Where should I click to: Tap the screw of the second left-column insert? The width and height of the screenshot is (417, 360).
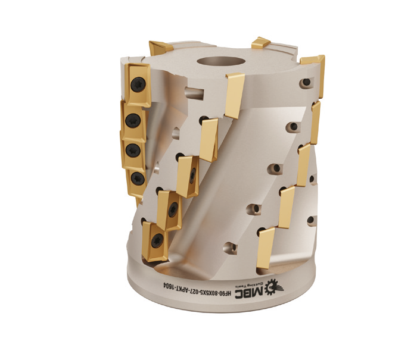tap(133, 118)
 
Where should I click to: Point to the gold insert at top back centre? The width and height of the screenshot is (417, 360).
tap(260, 42)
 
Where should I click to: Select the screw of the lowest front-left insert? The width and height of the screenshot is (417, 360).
tap(157, 240)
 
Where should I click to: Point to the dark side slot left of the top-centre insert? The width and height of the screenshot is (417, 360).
tap(189, 93)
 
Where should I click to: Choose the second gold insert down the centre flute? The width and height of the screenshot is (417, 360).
tap(209, 139)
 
